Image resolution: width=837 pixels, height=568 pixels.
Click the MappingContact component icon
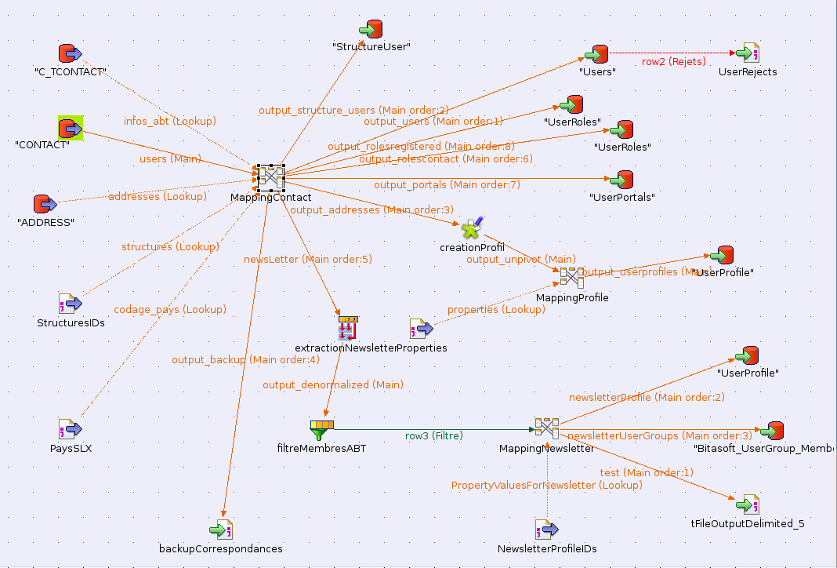coord(270,177)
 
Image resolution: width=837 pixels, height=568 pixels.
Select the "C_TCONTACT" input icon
coord(71,53)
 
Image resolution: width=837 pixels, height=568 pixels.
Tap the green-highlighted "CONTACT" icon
coord(71,127)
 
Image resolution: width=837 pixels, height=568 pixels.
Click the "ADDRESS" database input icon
coord(45,204)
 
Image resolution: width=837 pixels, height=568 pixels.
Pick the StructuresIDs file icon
coord(71,304)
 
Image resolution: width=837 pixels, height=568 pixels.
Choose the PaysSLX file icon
coord(71,429)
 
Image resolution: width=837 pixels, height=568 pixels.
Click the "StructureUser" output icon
coord(371,29)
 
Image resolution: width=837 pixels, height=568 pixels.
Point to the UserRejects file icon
coord(748,53)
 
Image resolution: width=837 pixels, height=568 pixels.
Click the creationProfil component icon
coord(472,228)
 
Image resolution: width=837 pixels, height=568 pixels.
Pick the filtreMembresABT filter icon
coord(321,429)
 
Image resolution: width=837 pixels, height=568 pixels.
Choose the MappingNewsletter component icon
coord(546,428)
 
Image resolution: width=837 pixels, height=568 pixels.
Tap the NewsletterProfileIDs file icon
coord(546,530)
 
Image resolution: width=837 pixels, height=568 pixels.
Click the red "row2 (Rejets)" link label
coord(673,61)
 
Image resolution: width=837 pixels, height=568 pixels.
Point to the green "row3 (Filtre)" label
coord(433,435)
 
